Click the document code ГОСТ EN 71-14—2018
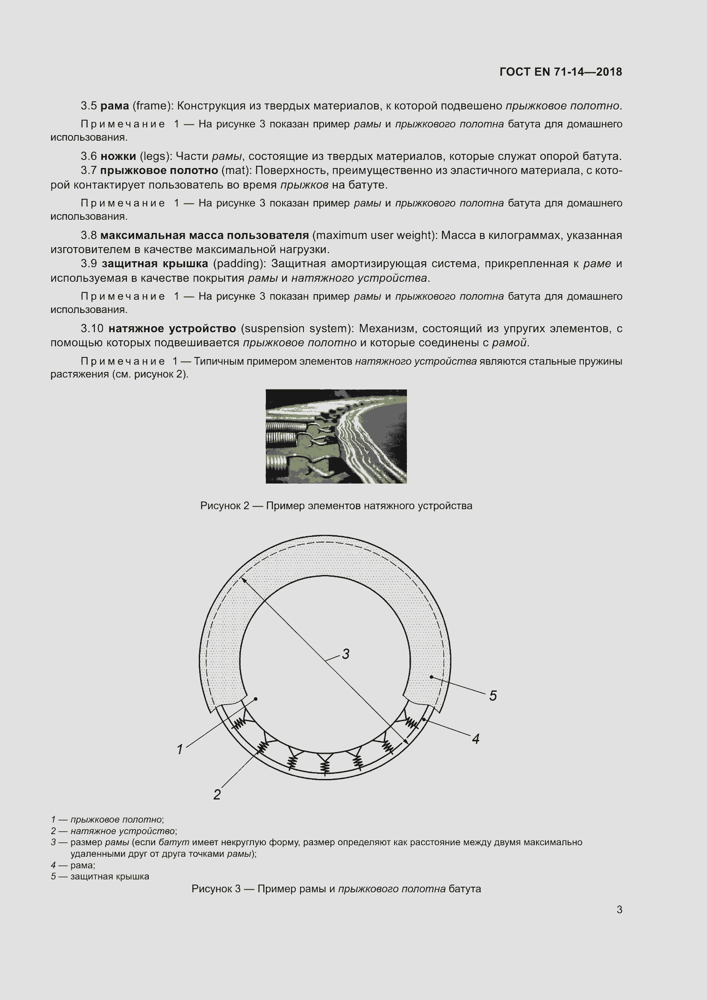(560, 72)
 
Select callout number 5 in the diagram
(493, 696)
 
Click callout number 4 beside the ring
(475, 739)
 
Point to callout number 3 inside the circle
(346, 654)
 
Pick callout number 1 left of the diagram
(180, 749)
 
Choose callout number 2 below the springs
(217, 794)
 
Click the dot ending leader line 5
(431, 677)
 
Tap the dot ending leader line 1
(256, 699)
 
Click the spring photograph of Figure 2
(336, 436)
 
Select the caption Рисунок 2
(336, 506)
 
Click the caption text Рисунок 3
(336, 889)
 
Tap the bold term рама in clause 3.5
(115, 106)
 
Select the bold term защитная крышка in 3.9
(155, 263)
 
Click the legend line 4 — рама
(73, 865)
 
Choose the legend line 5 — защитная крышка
(100, 877)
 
